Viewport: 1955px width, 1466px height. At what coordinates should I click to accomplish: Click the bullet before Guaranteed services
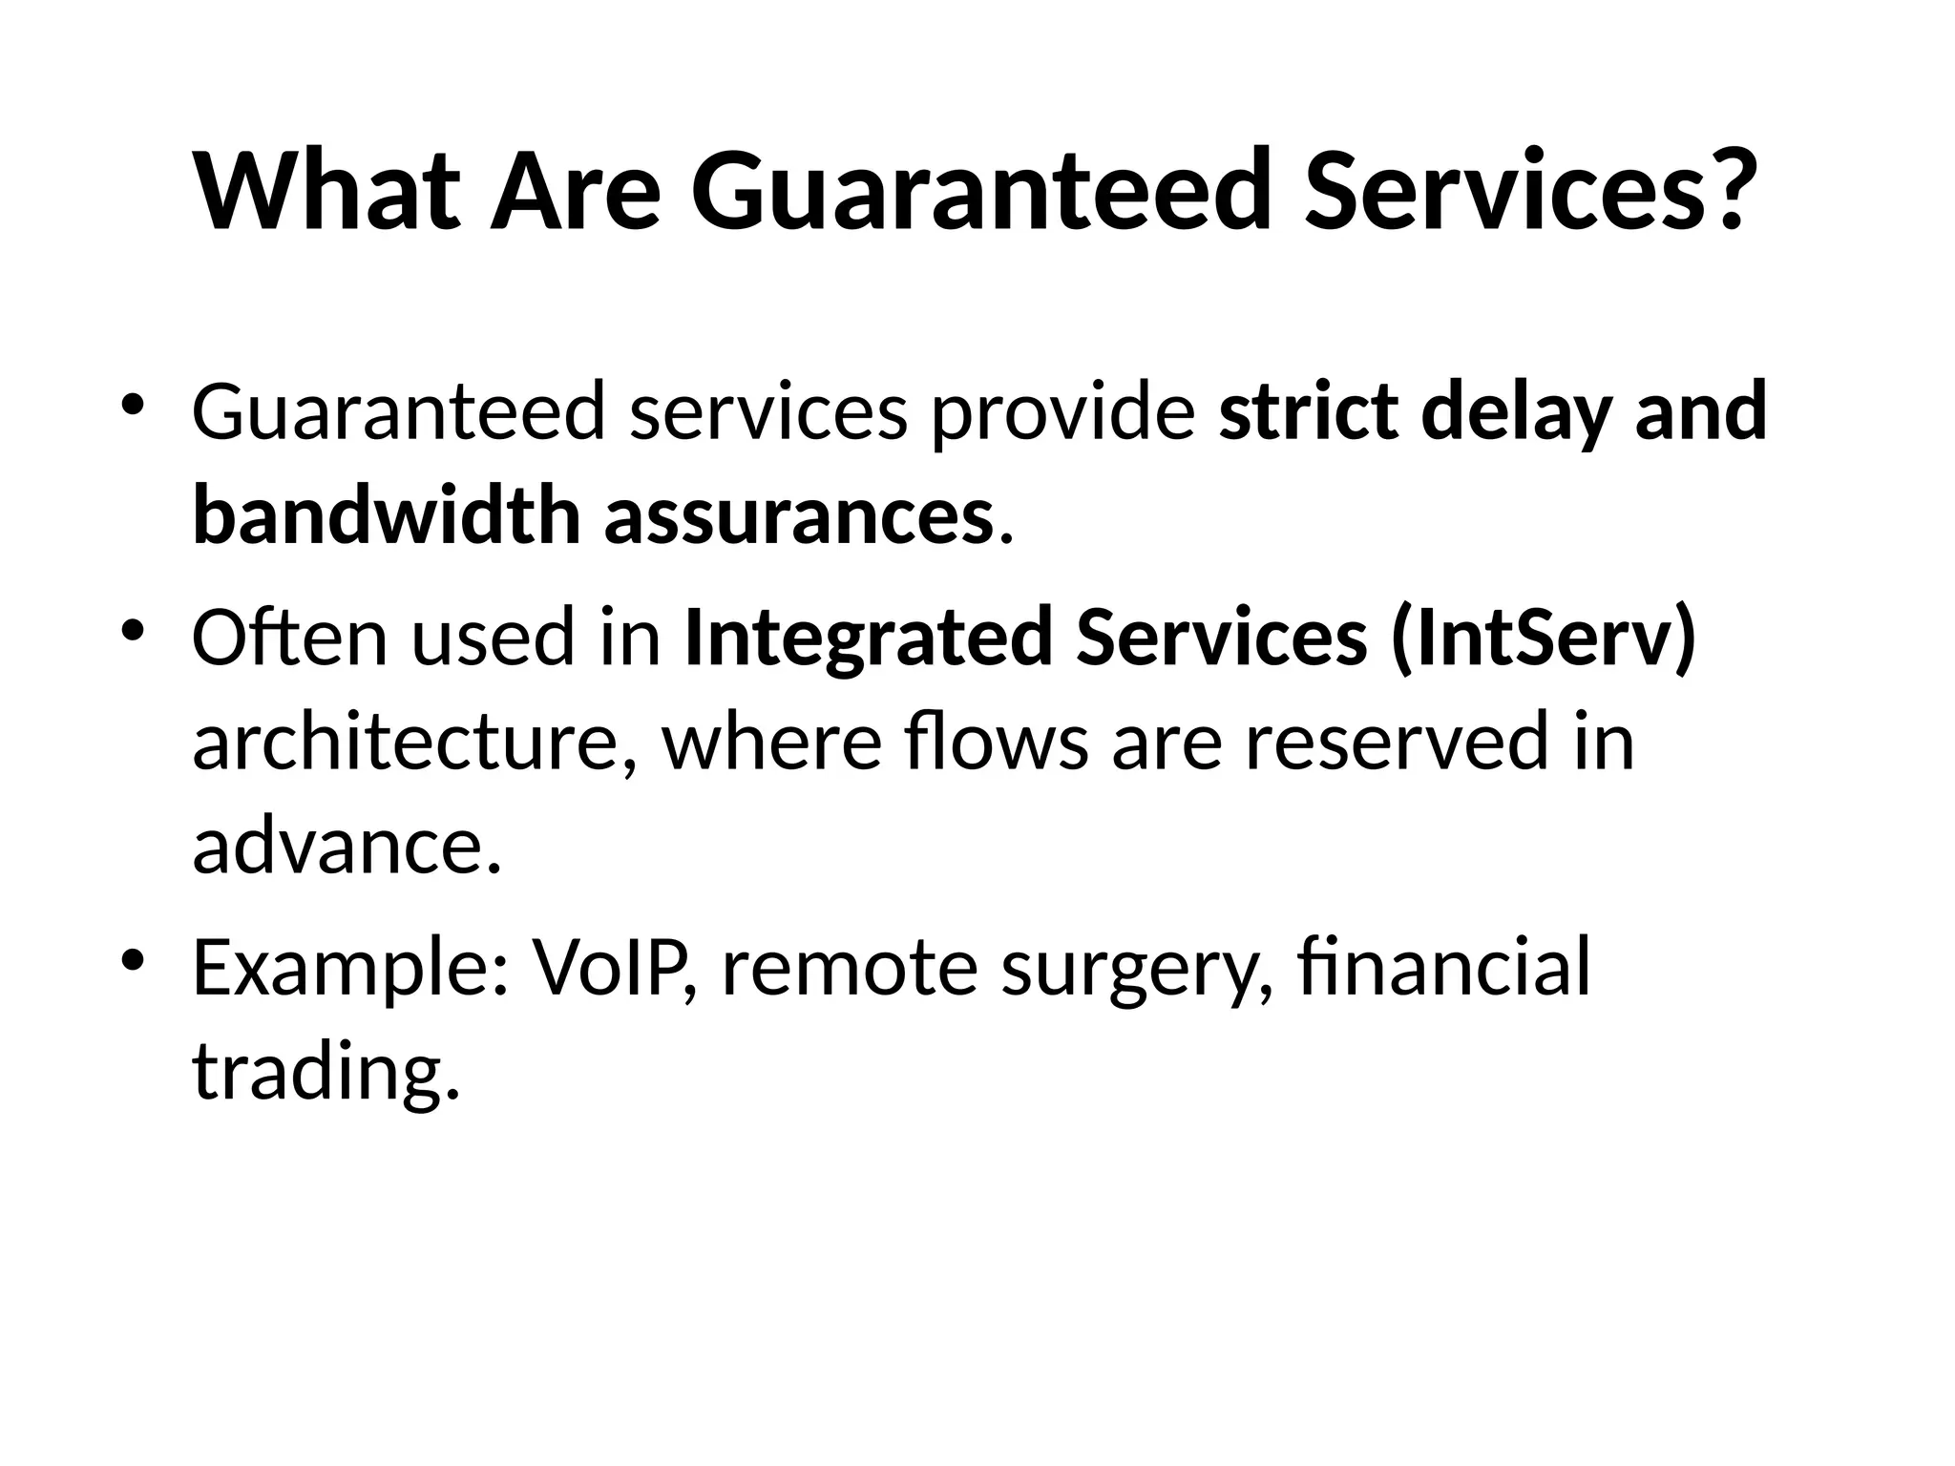click(x=133, y=406)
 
